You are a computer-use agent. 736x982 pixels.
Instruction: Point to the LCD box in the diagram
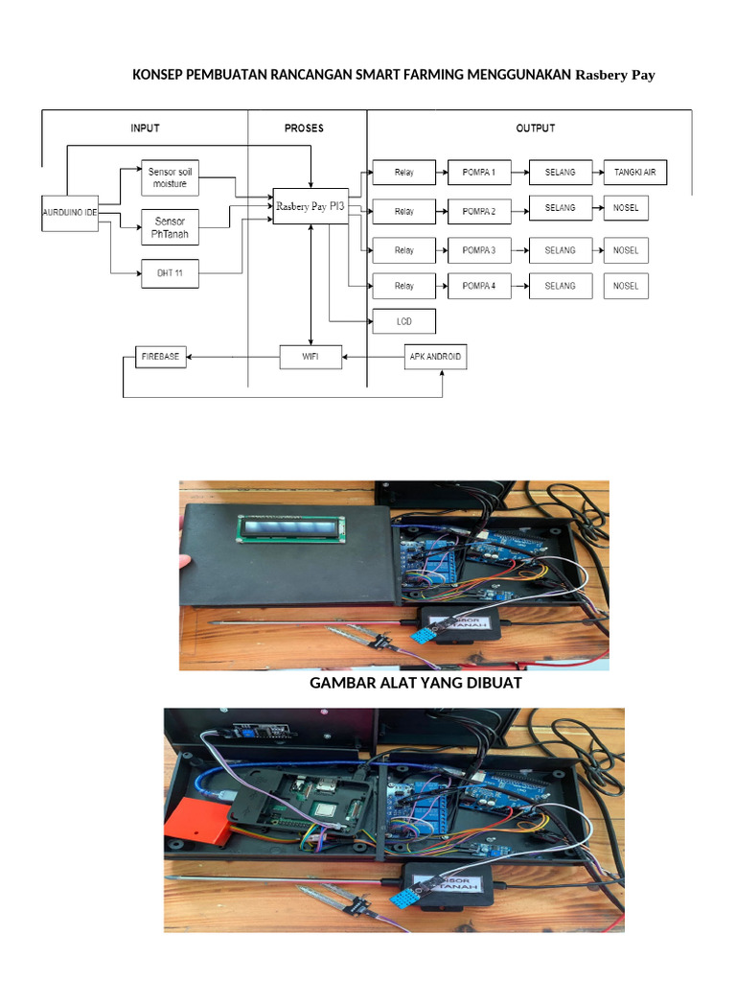pyautogui.click(x=403, y=320)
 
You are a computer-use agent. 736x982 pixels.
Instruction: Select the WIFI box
pyautogui.click(x=310, y=357)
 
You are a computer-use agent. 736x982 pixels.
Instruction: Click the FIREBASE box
pyautogui.click(x=161, y=357)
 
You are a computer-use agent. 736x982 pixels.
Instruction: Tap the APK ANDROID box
pyautogui.click(x=434, y=357)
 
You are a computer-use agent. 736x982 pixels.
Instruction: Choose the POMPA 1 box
pyautogui.click(x=478, y=173)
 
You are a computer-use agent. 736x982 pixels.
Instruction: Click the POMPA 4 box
pyautogui.click(x=478, y=286)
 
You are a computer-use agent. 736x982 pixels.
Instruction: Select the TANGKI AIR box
pyautogui.click(x=634, y=173)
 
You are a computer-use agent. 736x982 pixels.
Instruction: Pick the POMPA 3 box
pyautogui.click(x=478, y=250)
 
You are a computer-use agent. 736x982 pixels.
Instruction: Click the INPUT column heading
pyautogui.click(x=145, y=128)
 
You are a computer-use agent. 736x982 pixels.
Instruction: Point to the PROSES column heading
pyautogui.click(x=305, y=128)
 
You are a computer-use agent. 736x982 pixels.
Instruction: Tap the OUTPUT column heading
pyautogui.click(x=535, y=128)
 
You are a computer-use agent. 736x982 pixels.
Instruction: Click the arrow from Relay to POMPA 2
pyautogui.click(x=442, y=209)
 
